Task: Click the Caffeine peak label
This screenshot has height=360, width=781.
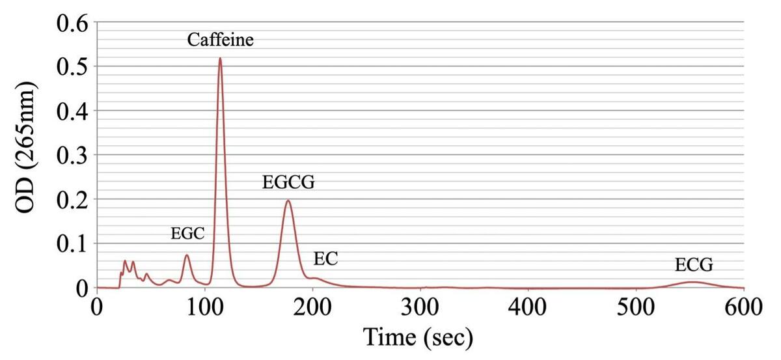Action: pos(220,41)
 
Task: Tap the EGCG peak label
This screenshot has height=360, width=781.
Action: pos(288,182)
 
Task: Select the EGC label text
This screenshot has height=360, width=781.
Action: pos(187,234)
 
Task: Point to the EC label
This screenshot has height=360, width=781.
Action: pos(325,259)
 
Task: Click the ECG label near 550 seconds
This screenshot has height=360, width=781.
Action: pos(694,265)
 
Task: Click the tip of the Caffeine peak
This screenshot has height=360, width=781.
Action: pos(220,59)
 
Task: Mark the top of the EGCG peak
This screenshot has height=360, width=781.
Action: pos(288,201)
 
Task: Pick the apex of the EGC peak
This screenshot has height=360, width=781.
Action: pos(187,255)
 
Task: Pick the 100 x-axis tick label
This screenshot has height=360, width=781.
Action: pos(205,306)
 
